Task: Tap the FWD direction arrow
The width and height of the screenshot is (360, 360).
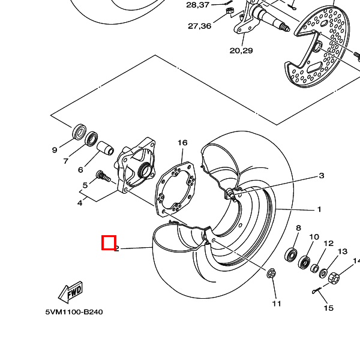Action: (x=70, y=292)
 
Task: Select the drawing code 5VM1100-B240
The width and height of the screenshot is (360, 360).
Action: (x=74, y=312)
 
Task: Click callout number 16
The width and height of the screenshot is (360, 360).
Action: (x=182, y=143)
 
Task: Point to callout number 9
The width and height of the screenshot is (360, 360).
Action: (x=55, y=150)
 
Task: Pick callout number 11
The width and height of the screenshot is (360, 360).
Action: (x=277, y=304)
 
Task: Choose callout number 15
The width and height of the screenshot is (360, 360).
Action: (x=328, y=308)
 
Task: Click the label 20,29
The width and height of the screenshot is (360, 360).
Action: (x=241, y=50)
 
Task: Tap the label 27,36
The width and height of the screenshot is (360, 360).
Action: (x=200, y=26)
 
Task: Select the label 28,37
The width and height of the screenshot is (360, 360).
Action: (x=197, y=5)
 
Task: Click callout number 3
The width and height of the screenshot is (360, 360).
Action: (x=322, y=176)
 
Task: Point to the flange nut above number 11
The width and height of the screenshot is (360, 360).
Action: (x=271, y=273)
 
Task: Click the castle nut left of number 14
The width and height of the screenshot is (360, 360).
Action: (x=334, y=278)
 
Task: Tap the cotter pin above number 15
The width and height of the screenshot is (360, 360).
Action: (x=317, y=290)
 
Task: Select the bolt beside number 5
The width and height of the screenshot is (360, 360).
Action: (x=103, y=176)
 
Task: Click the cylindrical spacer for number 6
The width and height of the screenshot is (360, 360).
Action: (x=105, y=148)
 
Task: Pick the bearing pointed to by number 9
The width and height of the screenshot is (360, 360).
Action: (x=79, y=132)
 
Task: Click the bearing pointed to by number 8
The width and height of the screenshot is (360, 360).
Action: (x=291, y=254)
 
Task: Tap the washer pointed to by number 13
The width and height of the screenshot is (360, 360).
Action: (x=323, y=273)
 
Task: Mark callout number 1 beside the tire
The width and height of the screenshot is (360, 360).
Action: (x=319, y=209)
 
